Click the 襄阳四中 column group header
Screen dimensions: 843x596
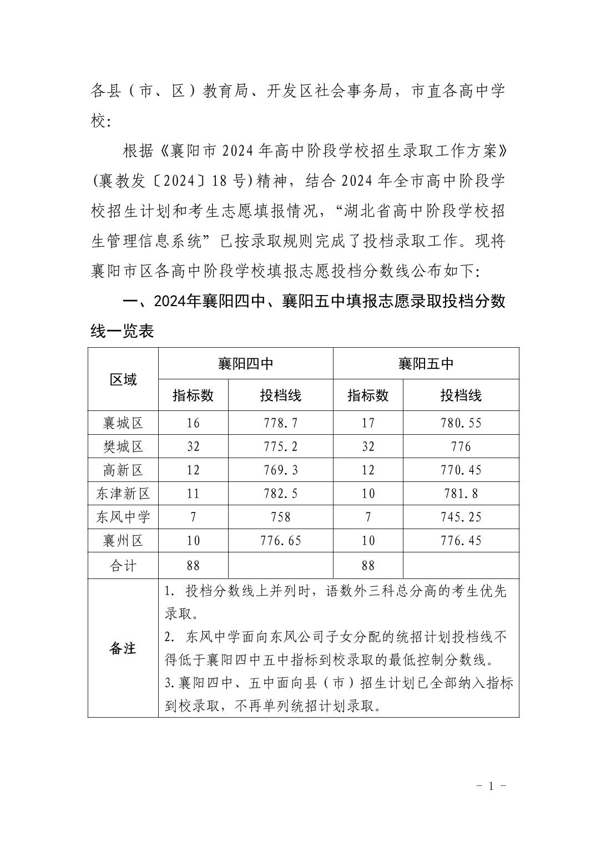[x=245, y=364]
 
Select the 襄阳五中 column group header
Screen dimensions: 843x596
[x=426, y=364]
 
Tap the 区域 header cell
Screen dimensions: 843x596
[x=123, y=379]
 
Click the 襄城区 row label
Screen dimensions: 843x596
[x=123, y=423]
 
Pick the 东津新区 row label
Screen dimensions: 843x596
[x=123, y=494]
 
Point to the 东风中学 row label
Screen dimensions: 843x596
[x=123, y=517]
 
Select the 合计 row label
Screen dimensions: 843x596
[x=123, y=566]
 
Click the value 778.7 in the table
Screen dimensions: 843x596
[x=281, y=423]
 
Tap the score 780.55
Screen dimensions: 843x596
[x=461, y=423]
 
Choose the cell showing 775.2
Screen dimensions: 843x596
[x=281, y=446]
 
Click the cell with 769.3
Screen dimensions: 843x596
[x=281, y=470]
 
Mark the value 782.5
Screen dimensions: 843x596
[x=281, y=494]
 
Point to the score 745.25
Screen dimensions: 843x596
[x=461, y=517]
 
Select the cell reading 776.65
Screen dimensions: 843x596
[x=281, y=541]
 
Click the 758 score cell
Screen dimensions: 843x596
[x=281, y=517]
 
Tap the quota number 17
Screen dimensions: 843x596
[x=368, y=423]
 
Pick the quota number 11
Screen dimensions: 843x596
[x=193, y=494]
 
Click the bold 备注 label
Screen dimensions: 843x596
[x=123, y=648]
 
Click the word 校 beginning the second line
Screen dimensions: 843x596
[x=98, y=121]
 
